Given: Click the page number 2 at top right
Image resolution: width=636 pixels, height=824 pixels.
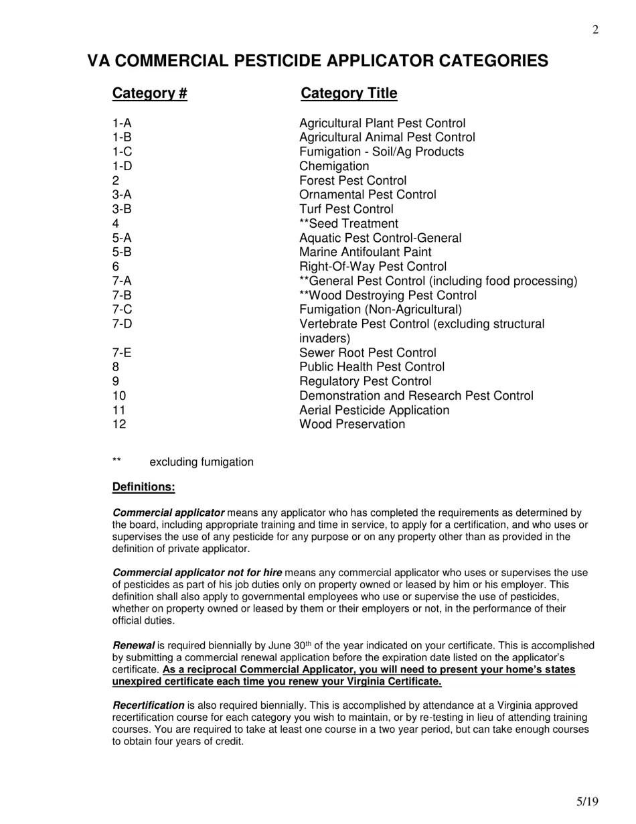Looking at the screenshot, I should pos(595,29).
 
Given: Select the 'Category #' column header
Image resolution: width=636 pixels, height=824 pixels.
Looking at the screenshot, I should pos(149,93).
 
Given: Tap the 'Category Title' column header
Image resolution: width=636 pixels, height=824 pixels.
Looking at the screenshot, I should pos(349,93).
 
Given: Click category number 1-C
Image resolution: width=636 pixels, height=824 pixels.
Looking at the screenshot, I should pos(122,152).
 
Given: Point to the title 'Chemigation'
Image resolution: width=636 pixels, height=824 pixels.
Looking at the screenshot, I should pos(334,166).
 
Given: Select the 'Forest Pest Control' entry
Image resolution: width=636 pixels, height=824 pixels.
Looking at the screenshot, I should pos(353,181).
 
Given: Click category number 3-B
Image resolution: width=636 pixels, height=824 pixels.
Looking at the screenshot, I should pos(122,209).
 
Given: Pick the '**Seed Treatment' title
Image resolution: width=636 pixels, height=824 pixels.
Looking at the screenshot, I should pos(349,224).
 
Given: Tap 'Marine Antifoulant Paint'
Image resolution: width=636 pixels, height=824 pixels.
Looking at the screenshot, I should pos(366,253).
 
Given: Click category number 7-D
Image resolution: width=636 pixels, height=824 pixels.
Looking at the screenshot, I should pos(123,324).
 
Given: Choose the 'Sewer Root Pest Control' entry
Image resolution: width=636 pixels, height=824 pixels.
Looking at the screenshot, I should pos(368,353).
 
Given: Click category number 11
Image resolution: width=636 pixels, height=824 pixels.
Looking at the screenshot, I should pos(119,410).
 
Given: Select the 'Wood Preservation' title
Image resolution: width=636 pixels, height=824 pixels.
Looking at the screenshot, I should pos(352,425).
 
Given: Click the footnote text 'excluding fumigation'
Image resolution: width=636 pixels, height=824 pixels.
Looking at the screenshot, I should pos(202,462).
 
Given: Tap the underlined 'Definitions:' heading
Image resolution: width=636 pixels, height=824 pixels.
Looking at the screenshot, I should pos(143,487).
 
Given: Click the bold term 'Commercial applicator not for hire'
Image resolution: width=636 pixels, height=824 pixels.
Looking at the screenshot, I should pos(197,573).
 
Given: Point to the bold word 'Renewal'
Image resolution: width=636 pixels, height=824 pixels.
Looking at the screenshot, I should pos(133,646).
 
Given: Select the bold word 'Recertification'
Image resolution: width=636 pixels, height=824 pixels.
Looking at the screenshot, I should pos(148,705).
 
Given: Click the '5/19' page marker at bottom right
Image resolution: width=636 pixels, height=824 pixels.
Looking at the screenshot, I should pos(587,802).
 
